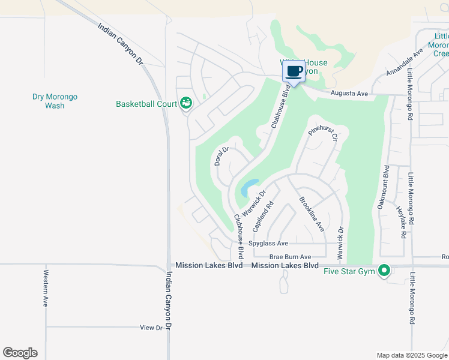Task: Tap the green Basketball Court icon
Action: coord(186,104)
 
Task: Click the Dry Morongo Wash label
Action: coord(55,101)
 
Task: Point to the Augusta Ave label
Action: coord(350,94)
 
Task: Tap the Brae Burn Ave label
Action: coord(290,257)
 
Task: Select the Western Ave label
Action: coord(46,288)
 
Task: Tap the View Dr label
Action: coord(151,328)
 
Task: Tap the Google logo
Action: coord(20,353)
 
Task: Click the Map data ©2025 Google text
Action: coord(411,355)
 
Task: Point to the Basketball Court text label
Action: coord(146,104)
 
